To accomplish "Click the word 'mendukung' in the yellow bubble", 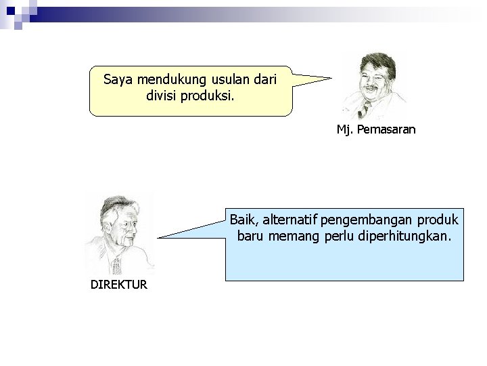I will (164, 80).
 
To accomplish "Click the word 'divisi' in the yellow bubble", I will (162, 96).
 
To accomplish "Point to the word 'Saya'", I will (117, 80).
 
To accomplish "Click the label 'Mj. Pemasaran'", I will (376, 129).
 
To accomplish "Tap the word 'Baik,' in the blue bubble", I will (243, 220).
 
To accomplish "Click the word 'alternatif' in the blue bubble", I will (289, 220).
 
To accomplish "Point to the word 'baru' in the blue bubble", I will (252, 238).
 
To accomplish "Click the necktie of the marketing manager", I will (365, 108).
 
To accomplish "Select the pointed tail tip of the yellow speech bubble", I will (332, 78).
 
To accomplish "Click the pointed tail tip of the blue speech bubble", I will (159, 238).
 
